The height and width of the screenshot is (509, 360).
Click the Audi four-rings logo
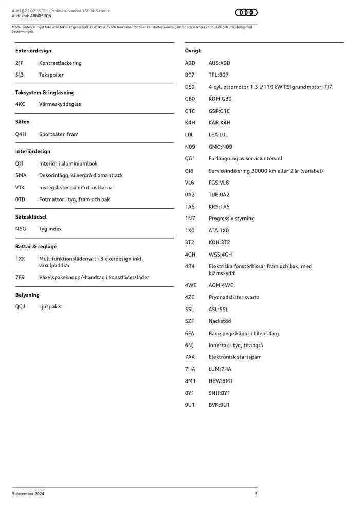[x=246, y=13]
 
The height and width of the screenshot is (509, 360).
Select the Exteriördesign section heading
[x=33, y=51]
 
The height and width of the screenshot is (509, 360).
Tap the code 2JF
[x=20, y=63]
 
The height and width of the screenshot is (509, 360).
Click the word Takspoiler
[x=51, y=75]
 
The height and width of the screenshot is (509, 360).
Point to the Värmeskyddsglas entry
[x=60, y=104]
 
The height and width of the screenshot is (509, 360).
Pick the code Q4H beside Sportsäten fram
[x=21, y=134]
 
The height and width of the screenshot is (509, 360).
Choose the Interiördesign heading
[x=33, y=152]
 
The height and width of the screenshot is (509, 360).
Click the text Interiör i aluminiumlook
[x=68, y=163]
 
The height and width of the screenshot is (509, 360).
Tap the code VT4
[x=20, y=188]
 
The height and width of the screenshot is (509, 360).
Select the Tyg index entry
[x=50, y=229]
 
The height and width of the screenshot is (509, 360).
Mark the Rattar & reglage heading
[x=36, y=247]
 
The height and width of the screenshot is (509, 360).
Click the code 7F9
[x=20, y=277]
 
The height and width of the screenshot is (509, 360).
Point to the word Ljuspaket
[x=50, y=306]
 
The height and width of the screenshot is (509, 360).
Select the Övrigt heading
[x=193, y=51]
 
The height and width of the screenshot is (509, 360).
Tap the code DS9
[x=190, y=87]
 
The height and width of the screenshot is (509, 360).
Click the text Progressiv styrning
[x=231, y=219]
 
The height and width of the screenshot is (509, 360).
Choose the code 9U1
[x=190, y=405]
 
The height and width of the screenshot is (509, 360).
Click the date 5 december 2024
[x=28, y=494]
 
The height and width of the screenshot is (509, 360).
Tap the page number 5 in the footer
[x=256, y=494]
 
